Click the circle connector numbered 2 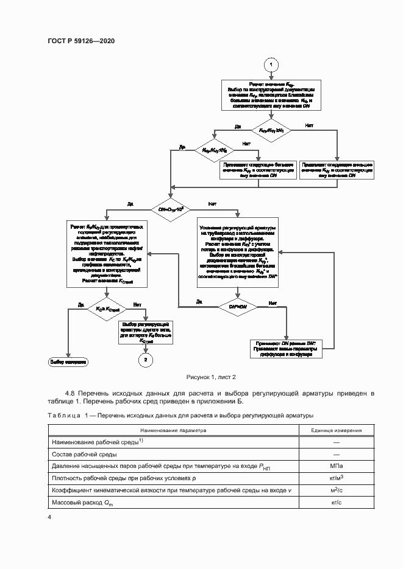145,361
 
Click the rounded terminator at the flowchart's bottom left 68,361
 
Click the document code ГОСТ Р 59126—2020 81,41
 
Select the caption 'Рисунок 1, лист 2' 201,377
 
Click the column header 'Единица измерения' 335,430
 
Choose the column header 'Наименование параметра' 172,430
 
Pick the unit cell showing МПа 335,466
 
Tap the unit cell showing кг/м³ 335,478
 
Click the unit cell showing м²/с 335,490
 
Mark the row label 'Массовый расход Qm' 83,503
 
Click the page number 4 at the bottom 49,517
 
